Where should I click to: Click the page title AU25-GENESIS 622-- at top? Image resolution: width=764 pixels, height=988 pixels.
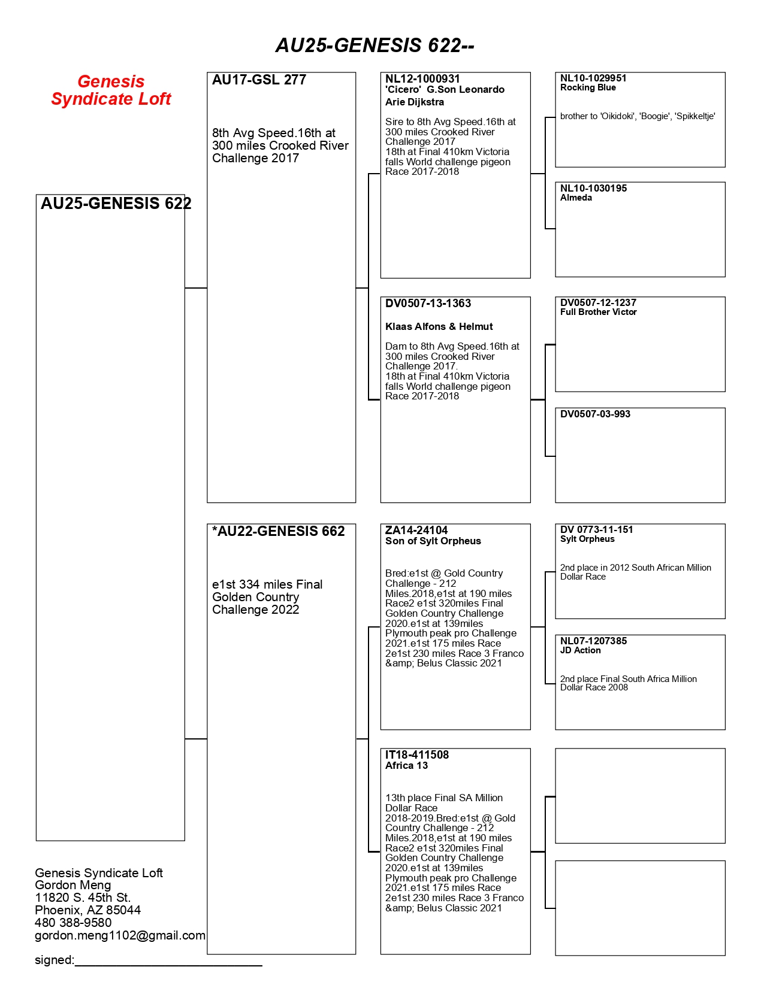pyautogui.click(x=375, y=46)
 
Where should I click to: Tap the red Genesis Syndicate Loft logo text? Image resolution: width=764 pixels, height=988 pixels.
pyautogui.click(x=111, y=90)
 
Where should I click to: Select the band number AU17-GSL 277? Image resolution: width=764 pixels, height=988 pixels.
pyautogui.click(x=259, y=80)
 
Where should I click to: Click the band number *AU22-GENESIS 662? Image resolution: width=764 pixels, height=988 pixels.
pyautogui.click(x=278, y=532)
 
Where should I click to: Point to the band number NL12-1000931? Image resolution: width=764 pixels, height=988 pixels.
pyautogui.click(x=422, y=79)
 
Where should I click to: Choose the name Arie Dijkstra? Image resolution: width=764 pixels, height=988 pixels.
pyautogui.click(x=415, y=102)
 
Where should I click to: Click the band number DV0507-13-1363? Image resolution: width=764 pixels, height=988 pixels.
pyautogui.click(x=428, y=304)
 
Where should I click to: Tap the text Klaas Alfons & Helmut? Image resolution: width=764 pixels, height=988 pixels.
pyautogui.click(x=439, y=327)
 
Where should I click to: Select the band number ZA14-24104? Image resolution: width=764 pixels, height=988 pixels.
pyautogui.click(x=416, y=531)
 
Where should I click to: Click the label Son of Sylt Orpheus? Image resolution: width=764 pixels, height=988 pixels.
pyautogui.click(x=433, y=541)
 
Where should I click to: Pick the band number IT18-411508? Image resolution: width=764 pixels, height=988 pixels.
pyautogui.click(x=416, y=755)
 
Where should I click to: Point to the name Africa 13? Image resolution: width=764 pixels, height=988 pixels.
pyautogui.click(x=406, y=766)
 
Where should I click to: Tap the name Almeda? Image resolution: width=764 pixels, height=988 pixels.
pyautogui.click(x=576, y=198)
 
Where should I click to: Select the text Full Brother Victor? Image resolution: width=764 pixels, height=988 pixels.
pyautogui.click(x=598, y=313)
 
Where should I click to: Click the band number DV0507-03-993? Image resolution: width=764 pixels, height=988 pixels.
pyautogui.click(x=595, y=414)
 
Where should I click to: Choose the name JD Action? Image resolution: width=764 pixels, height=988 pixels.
pyautogui.click(x=580, y=651)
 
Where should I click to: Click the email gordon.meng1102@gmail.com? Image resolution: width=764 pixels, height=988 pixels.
pyautogui.click(x=120, y=936)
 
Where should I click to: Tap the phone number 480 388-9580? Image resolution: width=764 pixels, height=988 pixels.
pyautogui.click(x=73, y=923)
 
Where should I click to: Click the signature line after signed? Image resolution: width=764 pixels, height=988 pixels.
pyautogui.click(x=168, y=962)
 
